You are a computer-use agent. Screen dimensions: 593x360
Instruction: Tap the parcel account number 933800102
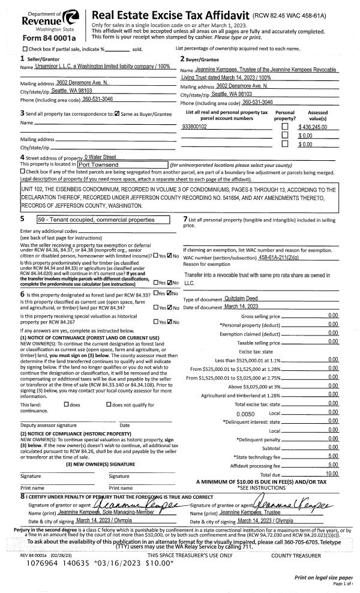[194, 127]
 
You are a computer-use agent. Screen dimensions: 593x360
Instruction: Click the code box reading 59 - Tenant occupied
[95, 220]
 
